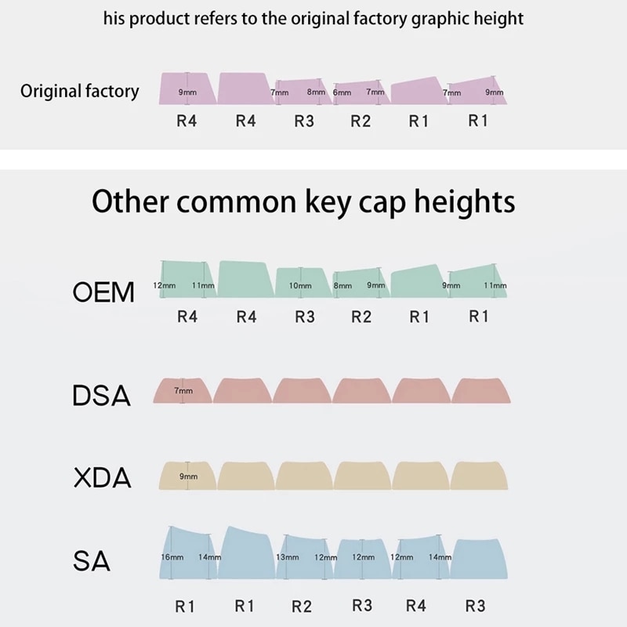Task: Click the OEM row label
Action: tap(103, 292)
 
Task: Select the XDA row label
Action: tap(102, 477)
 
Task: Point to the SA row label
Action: tap(92, 561)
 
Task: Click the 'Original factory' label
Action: tap(79, 91)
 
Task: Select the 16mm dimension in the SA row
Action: tap(172, 557)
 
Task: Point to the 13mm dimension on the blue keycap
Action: tap(288, 557)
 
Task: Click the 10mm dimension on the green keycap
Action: tap(300, 286)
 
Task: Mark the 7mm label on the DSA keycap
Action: tap(183, 390)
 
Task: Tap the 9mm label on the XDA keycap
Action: tap(188, 477)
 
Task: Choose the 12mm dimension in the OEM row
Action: tap(164, 286)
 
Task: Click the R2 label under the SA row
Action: tap(302, 606)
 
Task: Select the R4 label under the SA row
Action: tap(417, 606)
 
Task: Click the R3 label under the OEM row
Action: tap(304, 317)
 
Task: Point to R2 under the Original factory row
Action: tap(361, 121)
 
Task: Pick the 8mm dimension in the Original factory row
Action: tap(316, 92)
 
